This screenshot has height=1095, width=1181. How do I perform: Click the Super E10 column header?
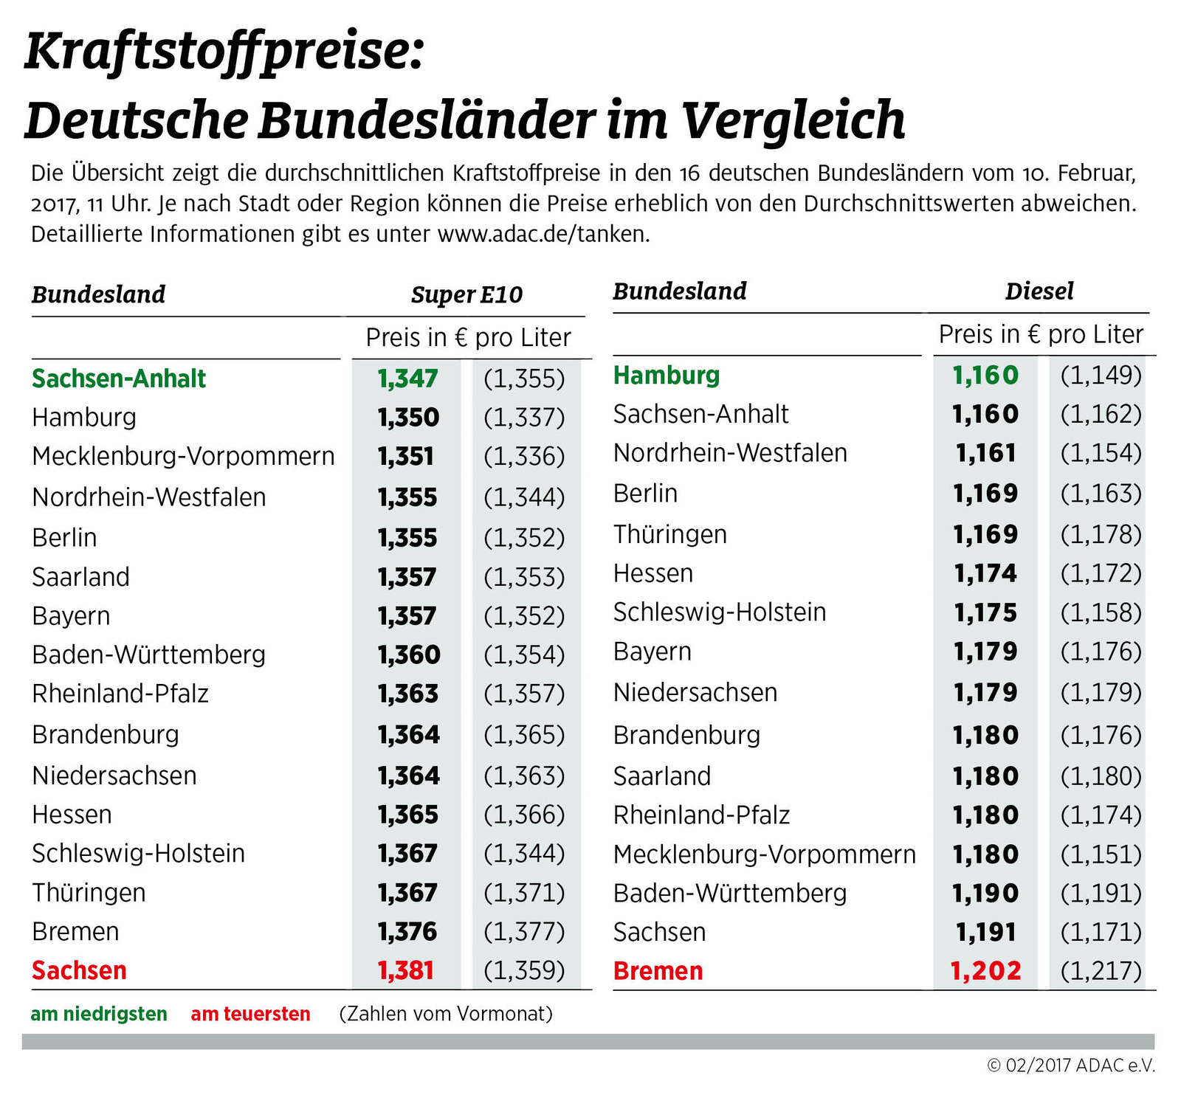pos(466,294)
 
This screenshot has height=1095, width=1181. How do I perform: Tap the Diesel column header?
pos(1039,291)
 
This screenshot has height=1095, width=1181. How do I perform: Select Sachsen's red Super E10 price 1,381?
pos(405,970)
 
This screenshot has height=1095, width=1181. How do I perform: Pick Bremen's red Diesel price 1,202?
pos(985,971)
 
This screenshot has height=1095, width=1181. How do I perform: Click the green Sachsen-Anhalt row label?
pos(119,379)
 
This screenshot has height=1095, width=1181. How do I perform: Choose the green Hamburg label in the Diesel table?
pos(666,375)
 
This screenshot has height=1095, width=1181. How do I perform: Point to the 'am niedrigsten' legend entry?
pos(99,1014)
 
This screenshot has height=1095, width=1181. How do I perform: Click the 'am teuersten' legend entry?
pos(250,1014)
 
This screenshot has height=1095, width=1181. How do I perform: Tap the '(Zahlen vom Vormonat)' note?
pos(446,1014)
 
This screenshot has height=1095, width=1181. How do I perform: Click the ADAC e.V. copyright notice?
pos(1070,1065)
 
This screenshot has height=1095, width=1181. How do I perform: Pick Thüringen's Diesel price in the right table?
pos(985,534)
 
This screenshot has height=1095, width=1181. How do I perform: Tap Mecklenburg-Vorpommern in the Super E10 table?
pos(183,456)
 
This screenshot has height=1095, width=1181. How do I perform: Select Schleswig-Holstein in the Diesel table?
pos(720,612)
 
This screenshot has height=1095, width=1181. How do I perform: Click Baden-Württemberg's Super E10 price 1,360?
pos(408,654)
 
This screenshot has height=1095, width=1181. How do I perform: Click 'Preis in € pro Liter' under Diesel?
pos(1041,334)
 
